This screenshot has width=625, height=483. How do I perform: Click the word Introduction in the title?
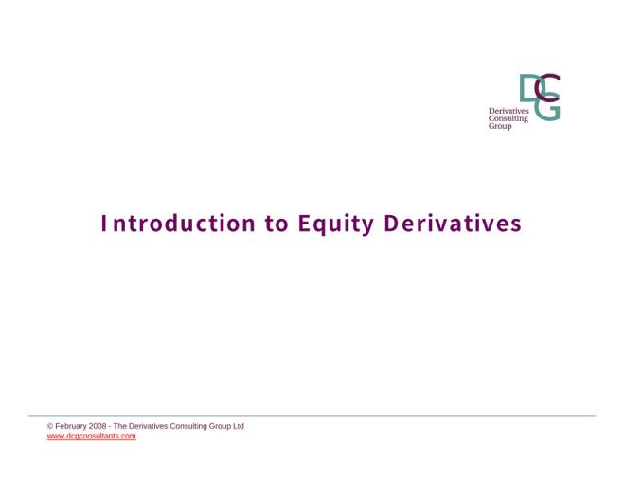coord(178,224)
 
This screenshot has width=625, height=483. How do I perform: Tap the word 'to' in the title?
coord(277,224)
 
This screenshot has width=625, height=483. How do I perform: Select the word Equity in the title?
coord(336,224)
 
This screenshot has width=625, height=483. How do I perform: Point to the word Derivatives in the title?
coord(453,224)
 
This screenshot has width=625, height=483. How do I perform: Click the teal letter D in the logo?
coord(530,88)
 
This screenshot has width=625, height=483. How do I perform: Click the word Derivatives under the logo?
coord(509,111)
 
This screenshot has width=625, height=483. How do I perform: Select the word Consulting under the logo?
coord(509,118)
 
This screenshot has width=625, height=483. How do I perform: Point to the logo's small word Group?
coord(500,126)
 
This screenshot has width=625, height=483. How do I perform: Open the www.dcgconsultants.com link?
coord(91,436)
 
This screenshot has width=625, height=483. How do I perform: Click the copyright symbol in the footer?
coord(50,426)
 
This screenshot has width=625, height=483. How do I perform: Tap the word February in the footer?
coord(71,426)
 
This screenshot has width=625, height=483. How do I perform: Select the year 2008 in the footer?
coord(98,426)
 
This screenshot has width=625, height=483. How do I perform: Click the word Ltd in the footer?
coord(239,426)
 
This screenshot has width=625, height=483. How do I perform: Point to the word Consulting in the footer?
coord(188,426)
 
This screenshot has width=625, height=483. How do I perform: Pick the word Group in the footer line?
coord(220,426)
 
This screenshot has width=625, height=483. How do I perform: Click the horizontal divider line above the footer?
coord(312,415)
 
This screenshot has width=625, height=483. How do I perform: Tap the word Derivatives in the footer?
coord(149,426)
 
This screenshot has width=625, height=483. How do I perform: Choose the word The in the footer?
coord(119,426)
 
